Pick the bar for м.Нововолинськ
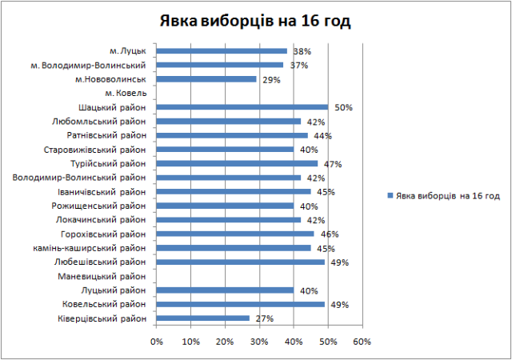206,79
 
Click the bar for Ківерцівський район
202,318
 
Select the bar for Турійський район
237,164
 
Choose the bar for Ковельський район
240,304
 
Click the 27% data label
265,318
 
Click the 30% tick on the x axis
259,341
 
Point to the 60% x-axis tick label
362,341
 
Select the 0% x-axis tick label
156,341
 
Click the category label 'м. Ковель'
126,94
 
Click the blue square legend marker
389,195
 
